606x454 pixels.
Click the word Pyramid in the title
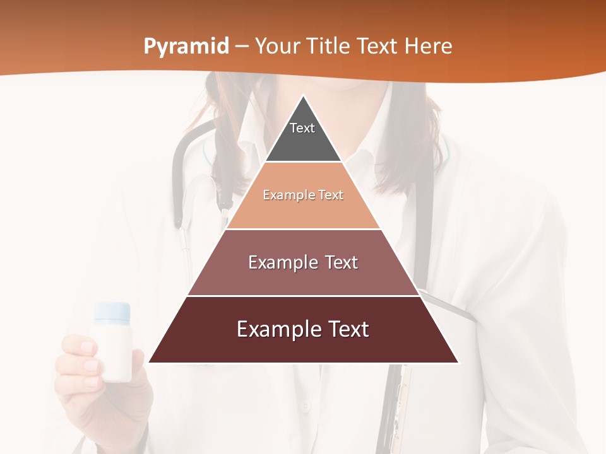tap(186, 47)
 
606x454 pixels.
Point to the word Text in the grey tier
tap(302, 128)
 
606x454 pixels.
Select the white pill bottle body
tap(114, 351)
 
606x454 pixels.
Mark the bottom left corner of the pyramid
tap(149, 363)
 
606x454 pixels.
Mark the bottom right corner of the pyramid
tap(458, 363)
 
